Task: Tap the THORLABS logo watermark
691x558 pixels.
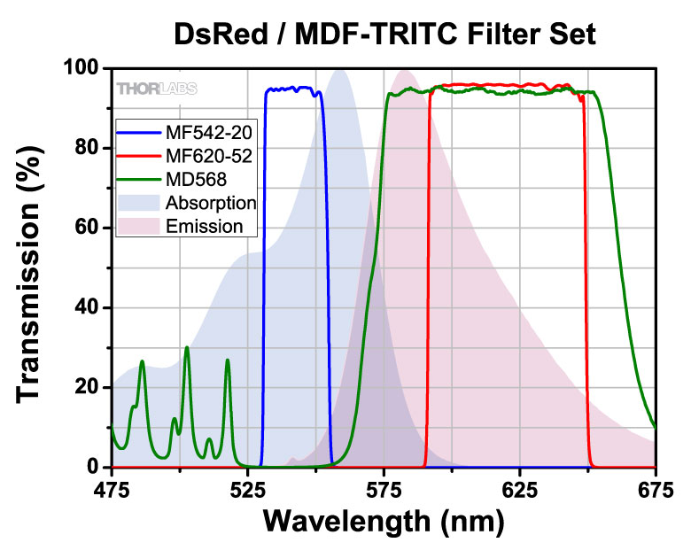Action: [157, 88]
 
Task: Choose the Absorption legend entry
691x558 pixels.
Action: [210, 202]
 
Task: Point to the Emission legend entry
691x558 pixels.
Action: [205, 225]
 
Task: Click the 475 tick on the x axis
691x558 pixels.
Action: [112, 488]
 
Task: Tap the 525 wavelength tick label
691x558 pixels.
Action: [248, 488]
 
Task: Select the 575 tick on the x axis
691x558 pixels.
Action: [384, 488]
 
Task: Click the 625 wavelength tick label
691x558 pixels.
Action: [520, 488]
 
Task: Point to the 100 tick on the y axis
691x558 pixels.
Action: [82, 68]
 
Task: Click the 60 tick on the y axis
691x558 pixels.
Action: [88, 228]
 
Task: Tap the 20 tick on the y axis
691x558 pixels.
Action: [88, 387]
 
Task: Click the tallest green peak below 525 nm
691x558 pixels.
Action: [187, 347]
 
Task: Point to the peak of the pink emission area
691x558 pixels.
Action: [405, 72]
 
